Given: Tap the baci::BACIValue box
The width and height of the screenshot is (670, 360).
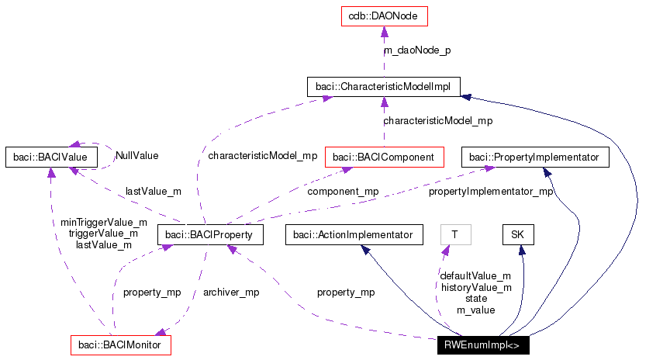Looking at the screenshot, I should coord(50,157).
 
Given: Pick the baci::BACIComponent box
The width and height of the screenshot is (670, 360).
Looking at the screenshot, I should coord(383,157).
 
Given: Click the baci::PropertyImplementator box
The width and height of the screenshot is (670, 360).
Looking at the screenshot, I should coord(535,157).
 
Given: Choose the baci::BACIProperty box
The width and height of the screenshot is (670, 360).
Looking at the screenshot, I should coord(209,233).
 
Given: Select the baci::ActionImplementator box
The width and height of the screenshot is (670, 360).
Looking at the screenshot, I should coord(354,233).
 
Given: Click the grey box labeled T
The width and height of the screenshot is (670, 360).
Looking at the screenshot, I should coord(455,233).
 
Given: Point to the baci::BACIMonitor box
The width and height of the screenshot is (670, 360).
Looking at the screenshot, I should coord(120,344).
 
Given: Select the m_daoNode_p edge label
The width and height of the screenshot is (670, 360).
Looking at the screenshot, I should coord(417,50).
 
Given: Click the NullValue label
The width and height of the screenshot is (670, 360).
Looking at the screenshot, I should coord(136,155).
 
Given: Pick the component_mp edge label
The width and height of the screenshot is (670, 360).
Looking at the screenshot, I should coord(343,191).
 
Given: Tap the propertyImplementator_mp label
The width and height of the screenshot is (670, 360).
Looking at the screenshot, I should coord(491,191).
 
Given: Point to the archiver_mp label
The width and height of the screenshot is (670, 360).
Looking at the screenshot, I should coord(230,292).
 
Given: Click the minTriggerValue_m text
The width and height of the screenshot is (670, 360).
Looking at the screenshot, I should coord(104,222).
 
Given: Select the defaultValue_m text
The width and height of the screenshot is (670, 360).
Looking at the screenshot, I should coord(475,275).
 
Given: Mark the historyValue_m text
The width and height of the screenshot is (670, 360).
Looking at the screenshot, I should coord(475,287).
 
